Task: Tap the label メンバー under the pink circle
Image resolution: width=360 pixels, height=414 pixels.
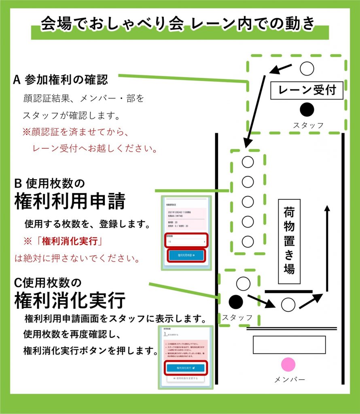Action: coord(289,379)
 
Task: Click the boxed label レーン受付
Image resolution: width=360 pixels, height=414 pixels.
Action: coord(307,91)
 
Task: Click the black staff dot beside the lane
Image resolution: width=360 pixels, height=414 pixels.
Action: coord(235,301)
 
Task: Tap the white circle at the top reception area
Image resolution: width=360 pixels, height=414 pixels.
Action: coord(307,68)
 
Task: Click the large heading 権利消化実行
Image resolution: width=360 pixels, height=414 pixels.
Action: coord(70,300)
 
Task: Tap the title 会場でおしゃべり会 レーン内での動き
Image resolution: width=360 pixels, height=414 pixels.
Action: coord(178,24)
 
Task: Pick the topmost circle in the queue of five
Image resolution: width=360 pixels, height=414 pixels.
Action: coord(248,162)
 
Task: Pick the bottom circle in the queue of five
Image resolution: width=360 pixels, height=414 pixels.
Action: coord(248,241)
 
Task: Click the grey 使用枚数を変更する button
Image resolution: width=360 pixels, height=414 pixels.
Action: coord(186,378)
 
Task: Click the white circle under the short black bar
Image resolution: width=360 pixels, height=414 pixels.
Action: coord(288,304)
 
